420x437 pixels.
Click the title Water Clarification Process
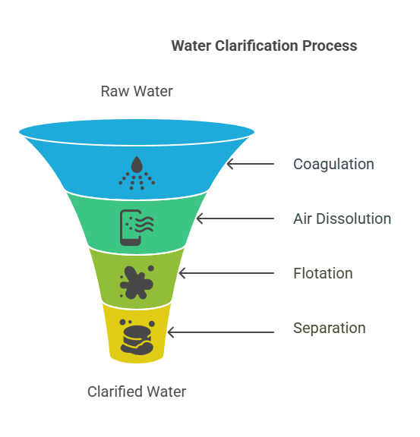click(264, 46)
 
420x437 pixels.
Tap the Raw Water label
click(137, 91)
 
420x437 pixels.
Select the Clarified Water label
click(137, 391)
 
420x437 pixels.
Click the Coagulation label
click(333, 165)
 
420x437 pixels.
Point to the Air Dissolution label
click(342, 218)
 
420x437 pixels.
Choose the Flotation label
click(323, 273)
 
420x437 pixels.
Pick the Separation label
click(330, 328)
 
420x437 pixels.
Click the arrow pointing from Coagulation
click(251, 164)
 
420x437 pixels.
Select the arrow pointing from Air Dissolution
click(235, 218)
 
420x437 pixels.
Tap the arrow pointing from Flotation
click(226, 273)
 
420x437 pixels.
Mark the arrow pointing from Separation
click(221, 332)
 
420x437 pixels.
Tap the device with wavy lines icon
click(137, 228)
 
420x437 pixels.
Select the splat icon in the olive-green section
click(137, 282)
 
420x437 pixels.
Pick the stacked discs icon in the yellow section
click(137, 337)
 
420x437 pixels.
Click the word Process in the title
click(330, 46)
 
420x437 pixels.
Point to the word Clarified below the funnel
click(115, 391)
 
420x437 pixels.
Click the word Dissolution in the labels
click(354, 218)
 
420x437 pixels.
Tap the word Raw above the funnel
click(115, 91)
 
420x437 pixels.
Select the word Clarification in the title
click(257, 46)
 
